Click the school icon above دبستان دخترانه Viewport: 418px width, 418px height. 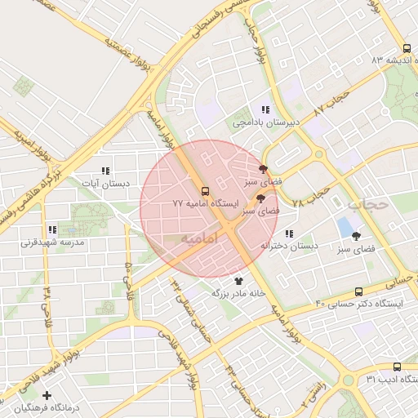[290, 234]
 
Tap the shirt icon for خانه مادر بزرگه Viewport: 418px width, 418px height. [238, 280]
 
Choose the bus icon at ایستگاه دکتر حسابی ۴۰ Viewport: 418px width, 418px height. [359, 291]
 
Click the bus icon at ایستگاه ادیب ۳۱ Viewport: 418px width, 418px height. [397, 367]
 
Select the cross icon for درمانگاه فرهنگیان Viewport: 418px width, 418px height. [47, 395]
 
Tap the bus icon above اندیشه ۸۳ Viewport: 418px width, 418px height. [407, 48]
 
